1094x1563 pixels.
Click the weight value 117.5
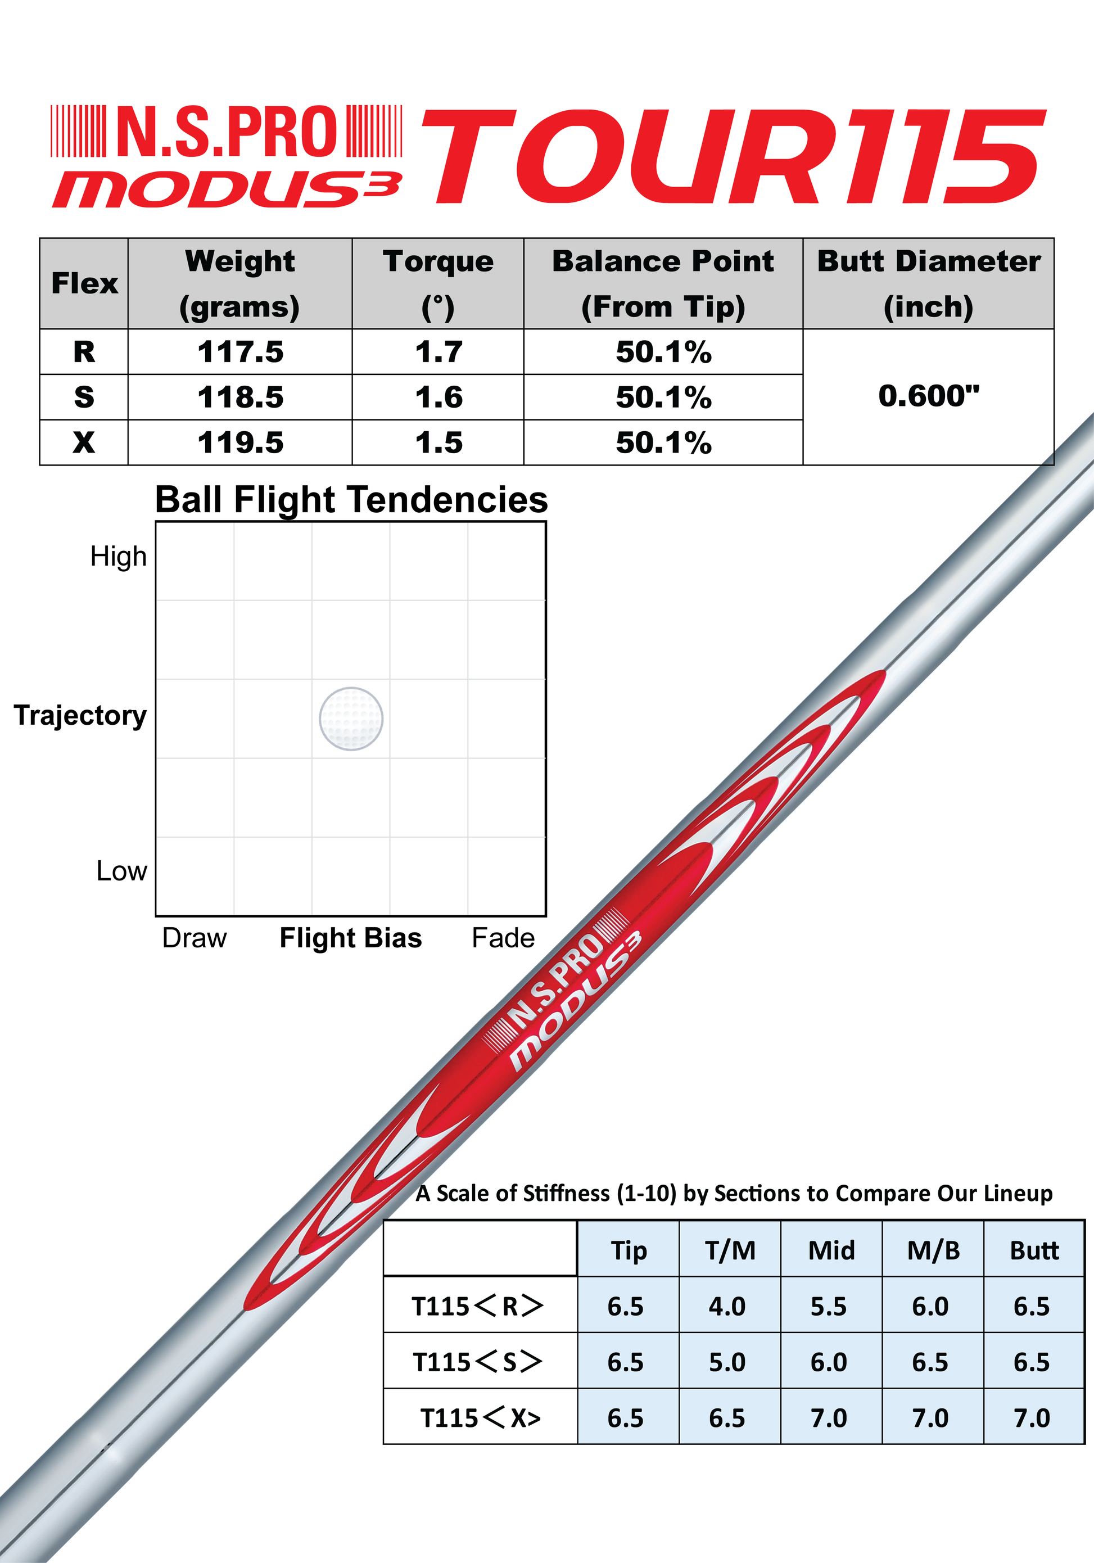pos(240,352)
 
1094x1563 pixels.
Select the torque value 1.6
pos(438,397)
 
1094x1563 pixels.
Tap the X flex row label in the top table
pos(84,442)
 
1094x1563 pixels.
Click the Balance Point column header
pos(663,284)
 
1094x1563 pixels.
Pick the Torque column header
pos(438,284)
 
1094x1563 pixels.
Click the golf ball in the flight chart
pos(351,719)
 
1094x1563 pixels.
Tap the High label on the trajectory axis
pos(119,557)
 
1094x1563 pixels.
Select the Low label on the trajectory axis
pos(122,871)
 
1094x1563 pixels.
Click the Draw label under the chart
pos(194,938)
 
